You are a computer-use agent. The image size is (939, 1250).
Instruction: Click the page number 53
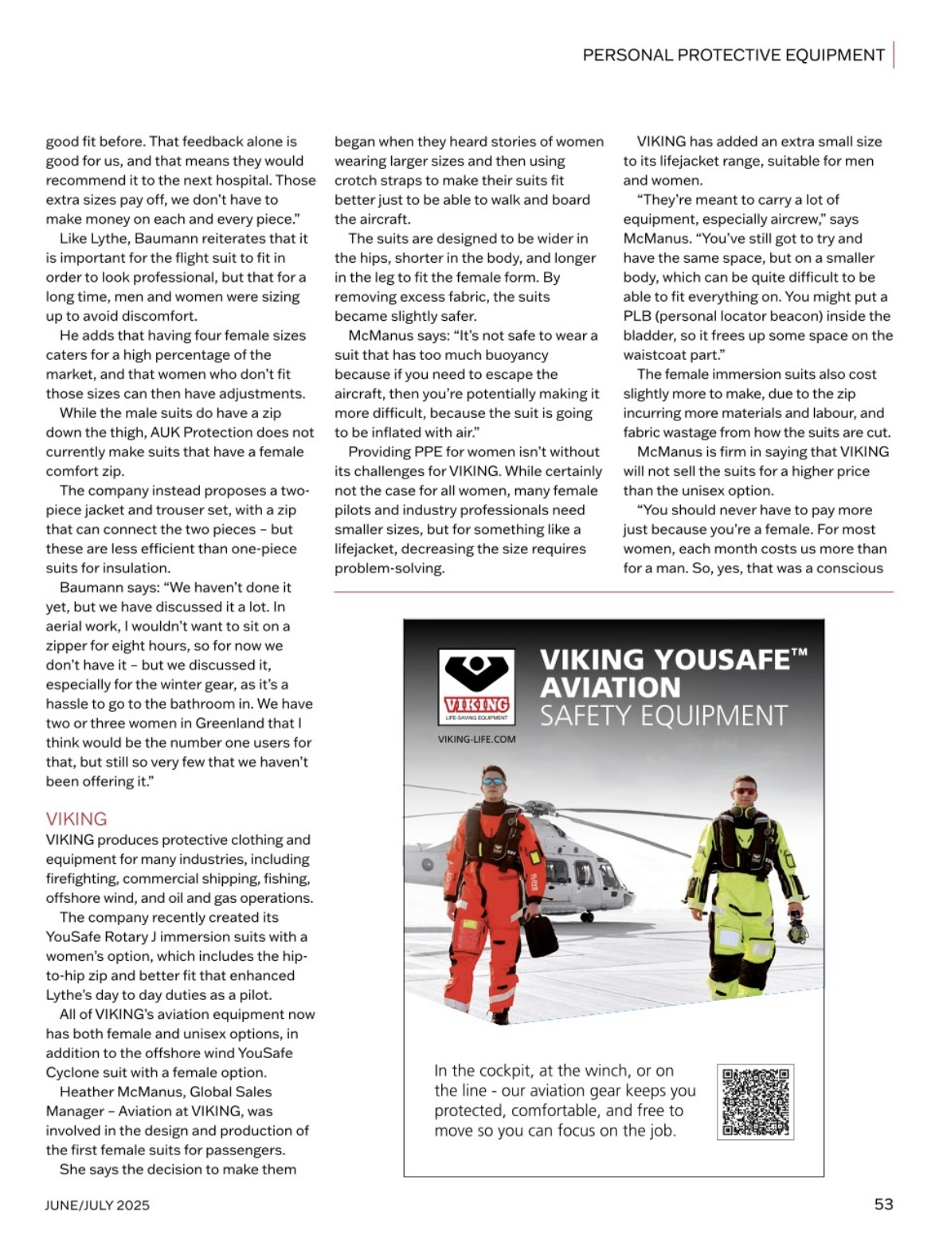pos(883,1204)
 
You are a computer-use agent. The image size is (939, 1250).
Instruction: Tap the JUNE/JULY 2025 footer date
pos(97,1205)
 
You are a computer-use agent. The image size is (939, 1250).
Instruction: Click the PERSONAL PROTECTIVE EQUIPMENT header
pos(733,55)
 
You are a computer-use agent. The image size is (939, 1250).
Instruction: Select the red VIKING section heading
pos(76,818)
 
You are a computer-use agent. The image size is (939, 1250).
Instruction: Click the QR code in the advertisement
pos(755,1102)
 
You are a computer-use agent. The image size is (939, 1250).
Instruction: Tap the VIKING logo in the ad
pos(476,686)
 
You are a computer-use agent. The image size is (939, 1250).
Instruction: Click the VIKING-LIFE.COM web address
pos(476,739)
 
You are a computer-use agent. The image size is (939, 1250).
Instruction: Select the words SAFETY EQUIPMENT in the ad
pos(663,716)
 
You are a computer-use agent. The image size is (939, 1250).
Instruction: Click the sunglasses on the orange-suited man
pos(493,781)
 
